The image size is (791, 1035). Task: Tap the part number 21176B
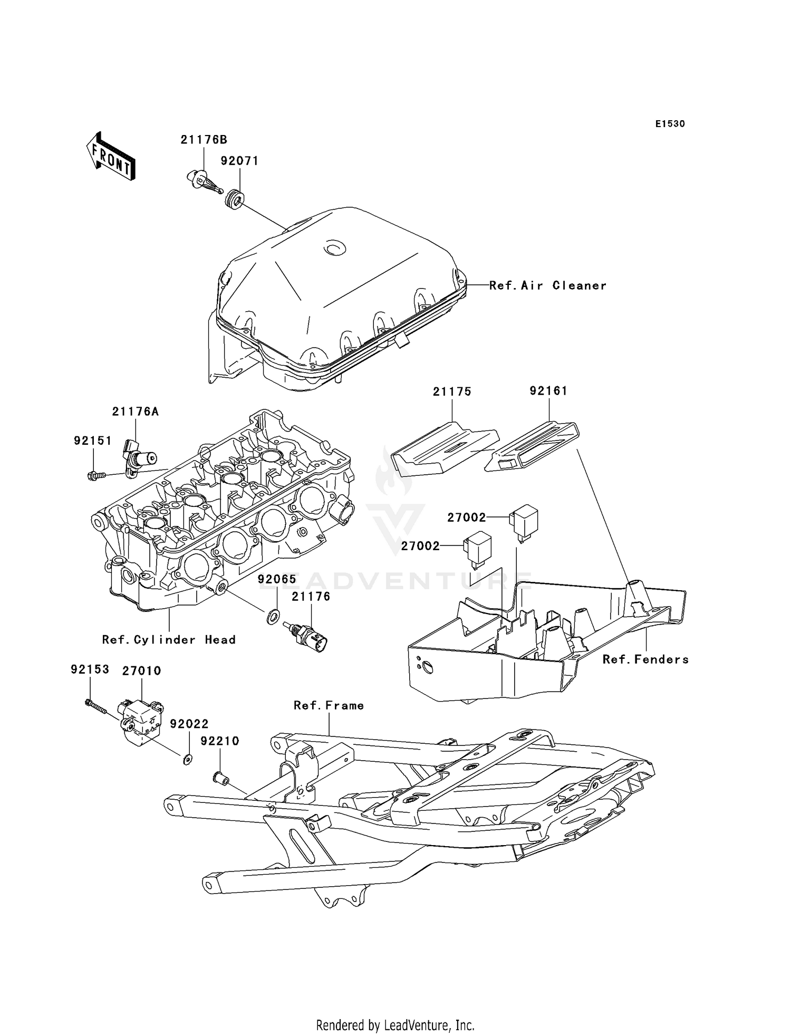point(204,140)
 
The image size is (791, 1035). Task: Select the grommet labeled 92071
point(234,201)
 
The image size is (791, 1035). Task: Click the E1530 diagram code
point(670,124)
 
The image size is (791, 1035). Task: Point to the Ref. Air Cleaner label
point(547,285)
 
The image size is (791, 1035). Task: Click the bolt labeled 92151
point(95,475)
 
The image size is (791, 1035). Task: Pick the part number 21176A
point(135,412)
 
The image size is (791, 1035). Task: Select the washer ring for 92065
point(273,615)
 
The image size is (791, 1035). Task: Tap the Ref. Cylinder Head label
point(169,640)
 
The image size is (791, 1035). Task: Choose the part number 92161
point(548,391)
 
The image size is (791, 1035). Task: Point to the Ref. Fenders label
point(645,659)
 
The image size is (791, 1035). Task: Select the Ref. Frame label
point(329,706)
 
